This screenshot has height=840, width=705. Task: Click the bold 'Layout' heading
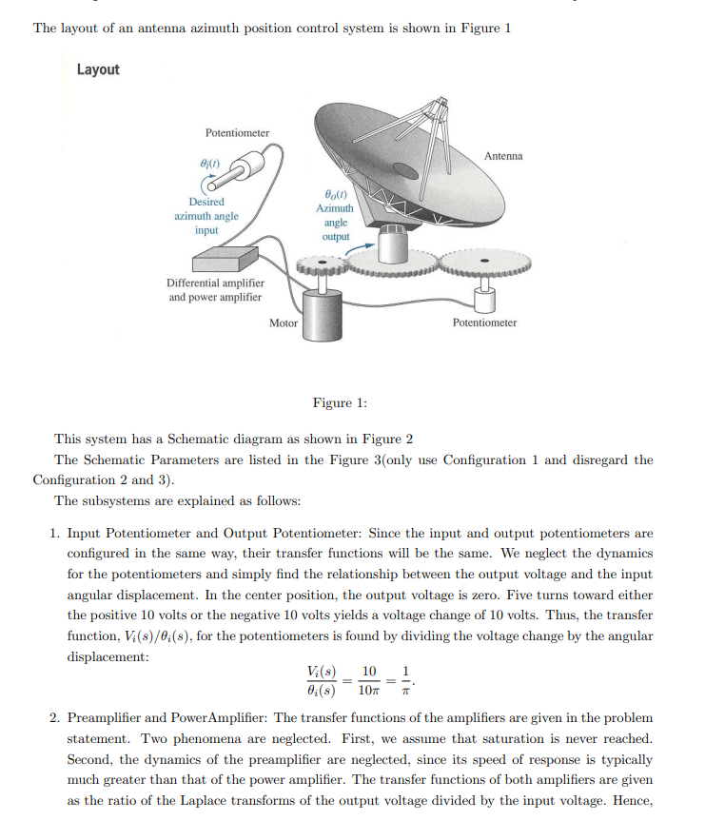(98, 69)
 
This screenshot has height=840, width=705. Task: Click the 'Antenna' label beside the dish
(502, 155)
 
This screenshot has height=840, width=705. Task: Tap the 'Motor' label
(284, 323)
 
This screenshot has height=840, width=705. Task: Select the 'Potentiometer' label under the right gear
(484, 323)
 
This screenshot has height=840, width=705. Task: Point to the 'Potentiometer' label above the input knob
(237, 133)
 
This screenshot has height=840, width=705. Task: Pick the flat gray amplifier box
(225, 258)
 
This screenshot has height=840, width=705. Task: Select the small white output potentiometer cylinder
(484, 300)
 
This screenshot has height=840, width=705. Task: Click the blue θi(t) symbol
(206, 165)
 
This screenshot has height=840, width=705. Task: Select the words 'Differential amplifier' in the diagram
(216, 283)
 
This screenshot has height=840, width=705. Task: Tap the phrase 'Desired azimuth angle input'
(206, 216)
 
